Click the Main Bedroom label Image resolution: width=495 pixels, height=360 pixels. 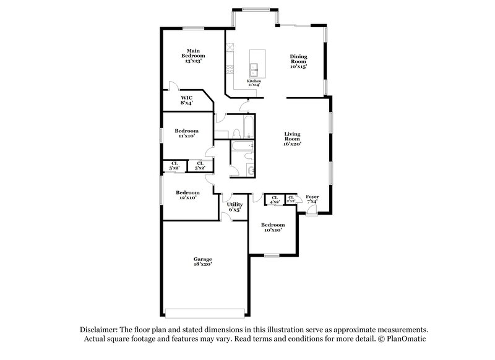(x=194, y=56)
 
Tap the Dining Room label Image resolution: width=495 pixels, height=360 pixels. (x=299, y=61)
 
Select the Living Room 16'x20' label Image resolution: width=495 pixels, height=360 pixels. (x=292, y=139)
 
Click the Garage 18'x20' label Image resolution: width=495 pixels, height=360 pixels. (x=202, y=262)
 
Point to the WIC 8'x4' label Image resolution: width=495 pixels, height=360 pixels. (x=186, y=100)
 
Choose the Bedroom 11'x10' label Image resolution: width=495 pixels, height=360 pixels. (x=186, y=133)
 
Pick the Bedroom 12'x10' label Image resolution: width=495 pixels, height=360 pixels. (x=187, y=195)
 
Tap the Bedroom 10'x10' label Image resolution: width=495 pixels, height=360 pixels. (x=272, y=227)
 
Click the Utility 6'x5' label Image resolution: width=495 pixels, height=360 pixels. (x=235, y=207)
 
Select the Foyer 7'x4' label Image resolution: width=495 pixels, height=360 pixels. (x=312, y=199)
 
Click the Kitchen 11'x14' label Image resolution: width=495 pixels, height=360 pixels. (x=254, y=82)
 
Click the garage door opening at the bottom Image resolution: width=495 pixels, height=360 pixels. (x=206, y=312)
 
